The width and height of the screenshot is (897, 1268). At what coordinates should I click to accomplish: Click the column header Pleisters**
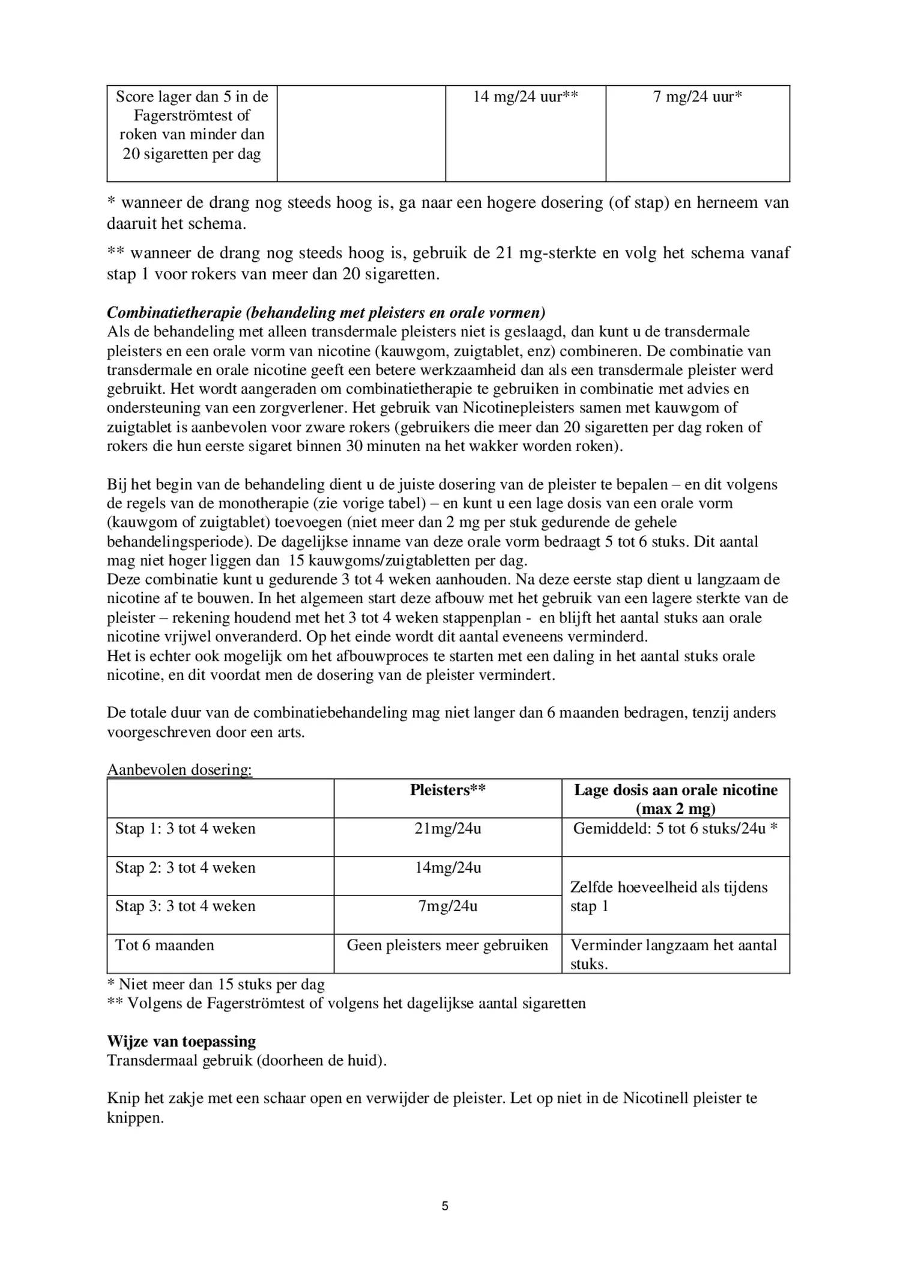tap(447, 790)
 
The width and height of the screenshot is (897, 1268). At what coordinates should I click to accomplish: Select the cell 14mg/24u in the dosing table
tap(447, 867)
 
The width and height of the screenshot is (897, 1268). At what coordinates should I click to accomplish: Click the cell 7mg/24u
tap(447, 906)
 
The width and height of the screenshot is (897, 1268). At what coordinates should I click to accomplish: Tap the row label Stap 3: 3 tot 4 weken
tap(185, 906)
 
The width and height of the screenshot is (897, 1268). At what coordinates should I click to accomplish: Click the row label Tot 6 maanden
tap(165, 945)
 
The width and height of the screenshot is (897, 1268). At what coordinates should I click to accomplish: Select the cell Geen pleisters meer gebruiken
tap(447, 945)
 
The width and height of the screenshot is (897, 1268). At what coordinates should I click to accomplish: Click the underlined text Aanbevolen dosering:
tap(179, 769)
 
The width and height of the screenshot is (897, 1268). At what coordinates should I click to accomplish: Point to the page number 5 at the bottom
tap(445, 1206)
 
